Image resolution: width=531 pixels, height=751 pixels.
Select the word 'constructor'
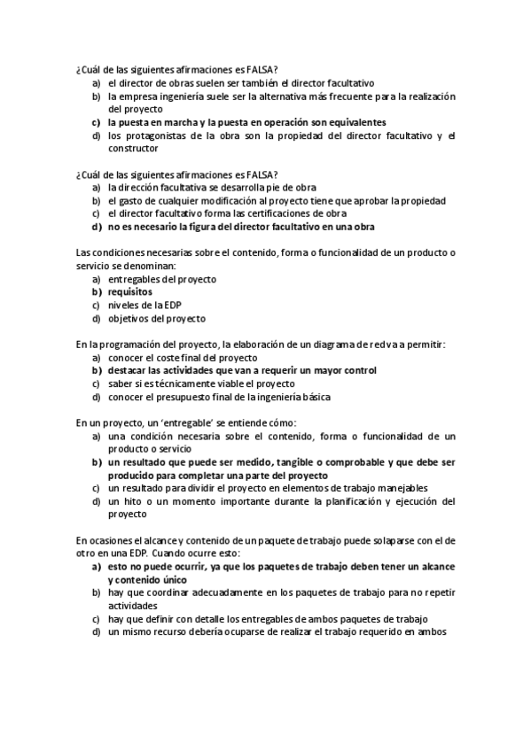pos(133,149)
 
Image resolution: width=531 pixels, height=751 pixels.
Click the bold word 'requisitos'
pos(130,291)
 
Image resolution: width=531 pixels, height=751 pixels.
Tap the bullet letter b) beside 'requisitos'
pos(96,291)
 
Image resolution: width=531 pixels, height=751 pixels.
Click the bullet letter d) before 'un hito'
pos(96,501)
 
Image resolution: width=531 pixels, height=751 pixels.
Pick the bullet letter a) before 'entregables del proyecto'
pos(96,279)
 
